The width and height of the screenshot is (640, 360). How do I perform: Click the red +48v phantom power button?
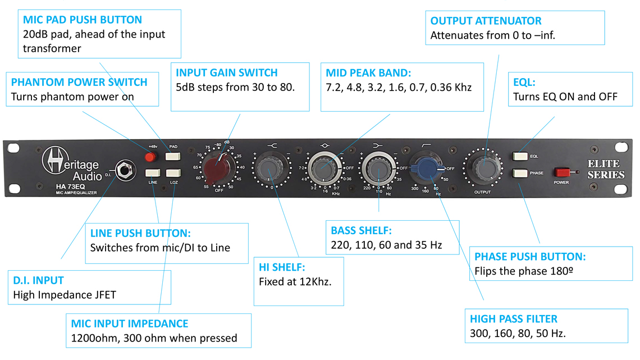pyautogui.click(x=150, y=156)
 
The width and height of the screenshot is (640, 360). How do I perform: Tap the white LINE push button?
pyautogui.click(x=153, y=173)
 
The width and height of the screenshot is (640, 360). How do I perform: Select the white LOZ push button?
pyautogui.click(x=174, y=173)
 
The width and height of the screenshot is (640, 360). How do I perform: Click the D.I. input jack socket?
pyautogui.click(x=122, y=167)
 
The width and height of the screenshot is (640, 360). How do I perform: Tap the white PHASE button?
pyautogui.click(x=519, y=174)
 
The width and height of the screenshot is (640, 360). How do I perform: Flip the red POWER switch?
pyautogui.click(x=562, y=172)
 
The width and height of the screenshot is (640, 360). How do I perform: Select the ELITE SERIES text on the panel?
pyautogui.click(x=606, y=170)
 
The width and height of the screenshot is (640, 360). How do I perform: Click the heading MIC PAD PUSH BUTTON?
pyautogui.click(x=83, y=20)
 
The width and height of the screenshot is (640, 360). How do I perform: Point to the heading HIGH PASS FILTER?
pyautogui.click(x=514, y=319)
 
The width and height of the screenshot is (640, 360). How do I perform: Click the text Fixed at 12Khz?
pyautogui.click(x=295, y=281)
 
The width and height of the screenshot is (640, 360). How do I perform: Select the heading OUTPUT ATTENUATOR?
pyautogui.click(x=486, y=21)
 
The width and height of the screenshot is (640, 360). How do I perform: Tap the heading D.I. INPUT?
pyautogui.click(x=38, y=280)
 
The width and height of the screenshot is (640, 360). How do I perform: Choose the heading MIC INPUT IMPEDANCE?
pyautogui.click(x=130, y=323)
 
